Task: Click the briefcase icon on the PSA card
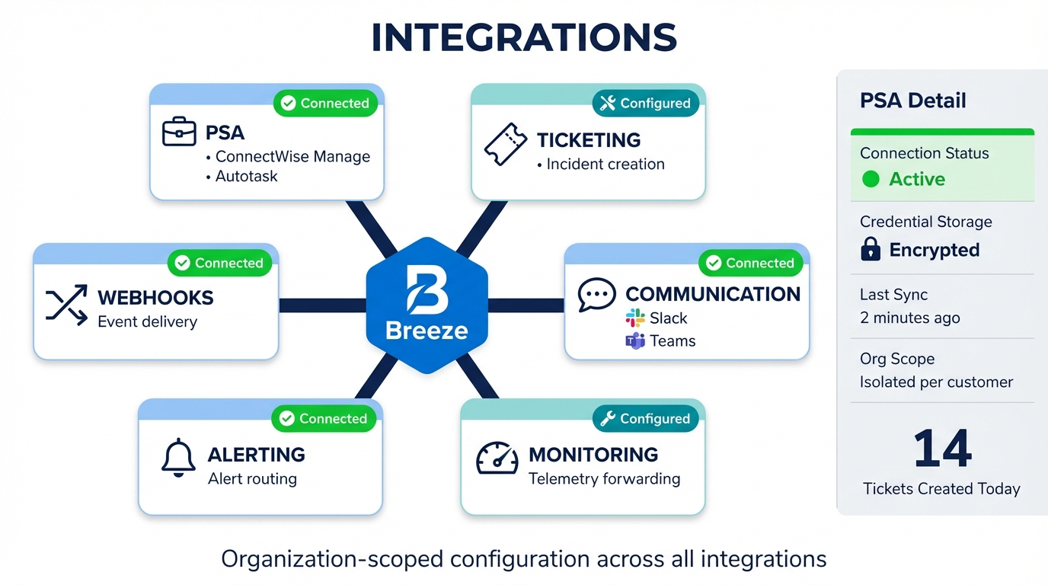(x=179, y=133)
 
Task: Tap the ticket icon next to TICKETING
(x=506, y=145)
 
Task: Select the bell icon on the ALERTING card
(x=179, y=459)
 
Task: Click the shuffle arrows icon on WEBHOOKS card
(x=66, y=306)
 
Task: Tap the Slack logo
(x=635, y=318)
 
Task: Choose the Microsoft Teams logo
(x=635, y=340)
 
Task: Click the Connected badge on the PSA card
(x=325, y=104)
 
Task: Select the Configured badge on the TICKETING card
(x=645, y=104)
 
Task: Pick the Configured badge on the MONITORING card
(x=645, y=419)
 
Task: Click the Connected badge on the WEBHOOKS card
(x=219, y=264)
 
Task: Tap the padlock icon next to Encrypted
(x=871, y=249)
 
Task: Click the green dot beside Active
(x=871, y=179)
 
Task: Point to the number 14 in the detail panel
(x=942, y=449)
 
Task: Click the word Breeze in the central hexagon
(x=427, y=331)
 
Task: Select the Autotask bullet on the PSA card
(x=246, y=177)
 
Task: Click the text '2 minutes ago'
(x=910, y=318)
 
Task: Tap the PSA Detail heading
(x=912, y=101)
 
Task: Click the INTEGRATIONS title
(x=524, y=38)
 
